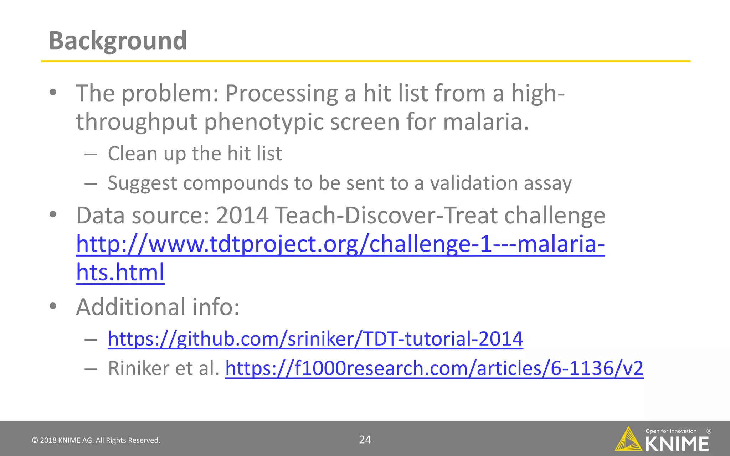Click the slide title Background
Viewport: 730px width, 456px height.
118,41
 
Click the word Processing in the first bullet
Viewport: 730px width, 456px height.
282,94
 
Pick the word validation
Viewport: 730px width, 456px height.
473,183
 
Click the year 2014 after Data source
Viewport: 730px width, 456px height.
242,216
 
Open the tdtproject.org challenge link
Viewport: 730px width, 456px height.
340,244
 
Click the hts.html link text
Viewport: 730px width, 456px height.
120,273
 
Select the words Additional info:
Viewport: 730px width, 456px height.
158,307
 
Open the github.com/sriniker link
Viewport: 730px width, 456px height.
315,339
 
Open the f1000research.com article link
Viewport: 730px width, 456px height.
434,368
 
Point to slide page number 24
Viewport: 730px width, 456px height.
365,440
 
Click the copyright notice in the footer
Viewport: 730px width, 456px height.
96,440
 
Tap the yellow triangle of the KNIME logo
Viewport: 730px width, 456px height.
628,440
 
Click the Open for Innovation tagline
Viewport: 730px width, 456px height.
671,431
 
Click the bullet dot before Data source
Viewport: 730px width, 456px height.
53,215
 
